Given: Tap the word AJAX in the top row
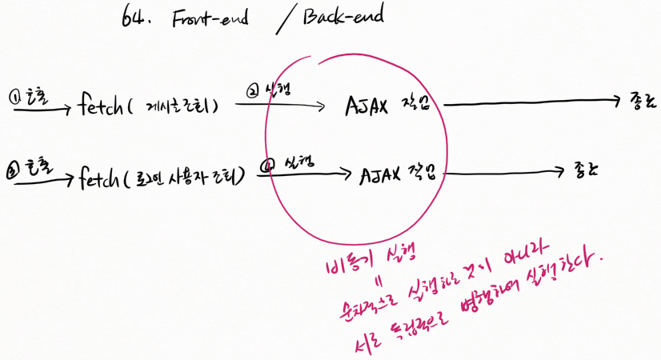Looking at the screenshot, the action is (x=367, y=106).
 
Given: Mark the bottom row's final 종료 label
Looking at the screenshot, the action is (x=587, y=170).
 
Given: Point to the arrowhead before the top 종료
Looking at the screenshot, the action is (x=617, y=100).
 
